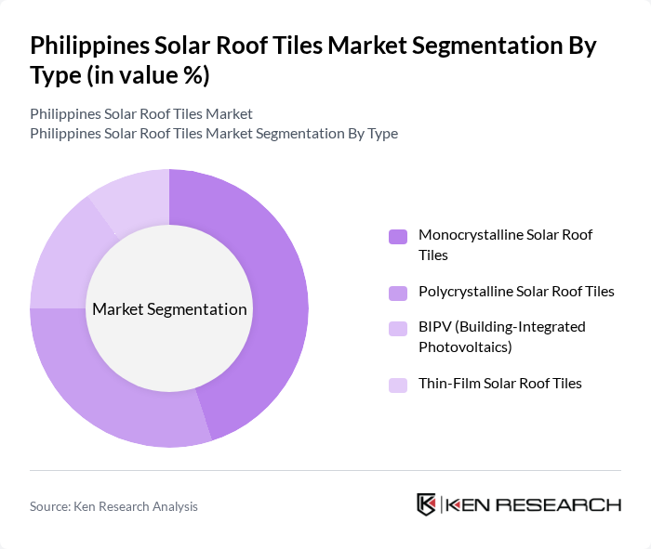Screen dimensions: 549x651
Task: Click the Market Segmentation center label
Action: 169,309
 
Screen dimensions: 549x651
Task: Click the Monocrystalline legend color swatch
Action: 398,237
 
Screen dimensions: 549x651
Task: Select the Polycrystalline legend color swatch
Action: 398,293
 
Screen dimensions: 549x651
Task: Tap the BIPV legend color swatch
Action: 398,329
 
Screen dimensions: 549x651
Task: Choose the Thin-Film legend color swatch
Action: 398,385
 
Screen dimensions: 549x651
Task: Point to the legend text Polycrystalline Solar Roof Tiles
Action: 516,292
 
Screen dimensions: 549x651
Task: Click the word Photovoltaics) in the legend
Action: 466,347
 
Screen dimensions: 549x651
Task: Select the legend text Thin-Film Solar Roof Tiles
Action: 500,384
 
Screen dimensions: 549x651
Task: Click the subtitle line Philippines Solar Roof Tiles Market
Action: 141,114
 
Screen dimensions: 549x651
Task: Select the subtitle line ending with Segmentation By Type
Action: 214,134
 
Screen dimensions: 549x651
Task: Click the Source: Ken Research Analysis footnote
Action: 113,506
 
